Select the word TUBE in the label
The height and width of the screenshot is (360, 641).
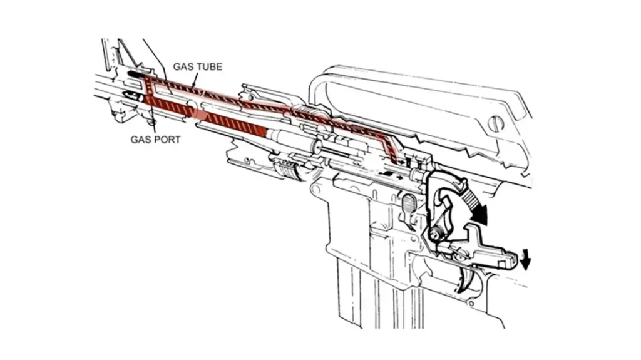point(209,66)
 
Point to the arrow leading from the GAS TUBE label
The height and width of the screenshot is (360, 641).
point(195,79)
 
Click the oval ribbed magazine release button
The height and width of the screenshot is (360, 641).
point(408,204)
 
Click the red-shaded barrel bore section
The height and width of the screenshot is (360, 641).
point(207,115)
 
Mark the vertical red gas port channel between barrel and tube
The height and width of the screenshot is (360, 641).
point(148,88)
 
